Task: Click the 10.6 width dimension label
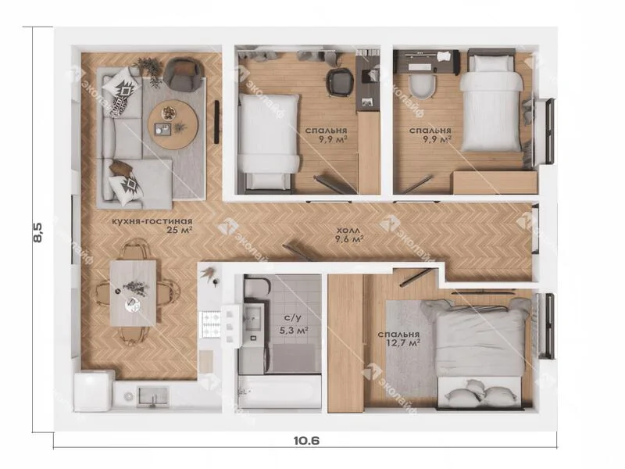pyautogui.click(x=306, y=440)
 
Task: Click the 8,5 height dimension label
pyautogui.click(x=37, y=232)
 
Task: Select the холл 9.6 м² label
pyautogui.click(x=349, y=234)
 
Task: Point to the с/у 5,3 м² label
pyautogui.click(x=295, y=324)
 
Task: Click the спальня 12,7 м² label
pyautogui.click(x=398, y=338)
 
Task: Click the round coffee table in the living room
pyautogui.click(x=173, y=124)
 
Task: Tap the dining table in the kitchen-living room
pyautogui.click(x=133, y=293)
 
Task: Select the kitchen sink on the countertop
pyautogui.click(x=152, y=396)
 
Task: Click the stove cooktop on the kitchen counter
pyautogui.click(x=210, y=324)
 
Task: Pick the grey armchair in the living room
pyautogui.click(x=183, y=73)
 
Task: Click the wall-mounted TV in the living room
pyautogui.click(x=217, y=122)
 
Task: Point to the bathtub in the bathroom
pyautogui.click(x=280, y=392)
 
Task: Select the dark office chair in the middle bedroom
pyautogui.click(x=340, y=82)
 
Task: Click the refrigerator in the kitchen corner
pyautogui.click(x=93, y=391)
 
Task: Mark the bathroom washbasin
pyautogui.click(x=252, y=318)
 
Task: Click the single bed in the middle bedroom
pyautogui.click(x=269, y=141)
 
